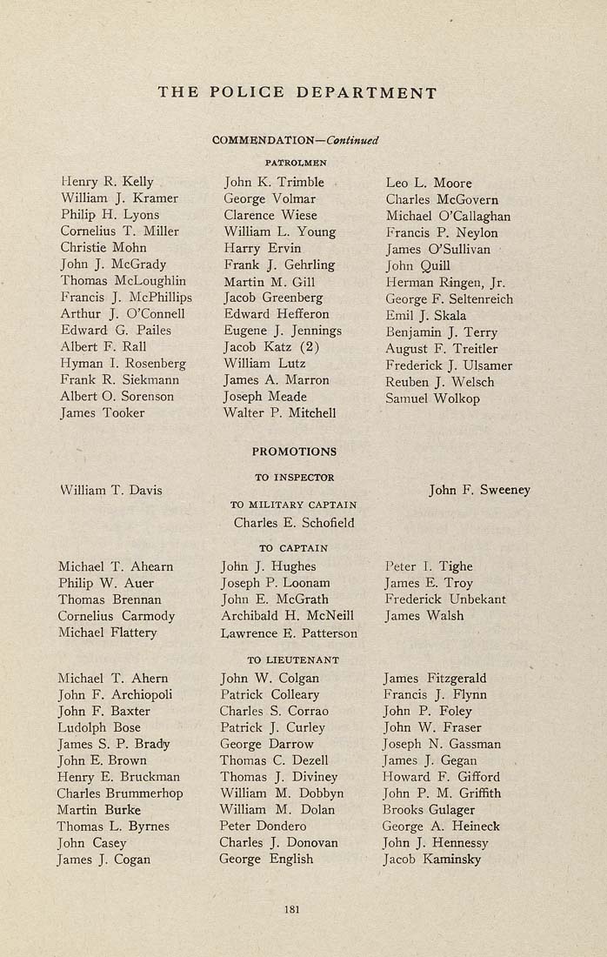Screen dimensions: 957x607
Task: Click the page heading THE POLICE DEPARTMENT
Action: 297,92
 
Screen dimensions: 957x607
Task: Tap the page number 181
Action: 292,909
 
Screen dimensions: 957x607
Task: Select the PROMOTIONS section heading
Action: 294,452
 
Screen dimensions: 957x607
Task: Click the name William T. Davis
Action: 110,490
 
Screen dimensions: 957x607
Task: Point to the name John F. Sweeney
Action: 479,490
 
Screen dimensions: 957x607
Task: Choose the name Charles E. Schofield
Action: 294,523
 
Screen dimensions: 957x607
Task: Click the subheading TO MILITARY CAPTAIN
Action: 293,505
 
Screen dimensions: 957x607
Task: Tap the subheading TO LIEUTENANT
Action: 293,660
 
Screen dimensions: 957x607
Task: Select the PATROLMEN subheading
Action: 296,161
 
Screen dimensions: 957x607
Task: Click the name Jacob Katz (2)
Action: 272,346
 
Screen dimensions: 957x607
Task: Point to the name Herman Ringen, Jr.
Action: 445,283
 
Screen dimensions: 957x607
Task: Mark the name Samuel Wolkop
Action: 432,398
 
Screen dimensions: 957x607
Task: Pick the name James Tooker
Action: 103,412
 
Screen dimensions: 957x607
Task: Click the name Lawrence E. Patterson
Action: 289,632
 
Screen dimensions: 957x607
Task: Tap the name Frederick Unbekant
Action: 444,599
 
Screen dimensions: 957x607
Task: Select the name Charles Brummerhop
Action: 120,793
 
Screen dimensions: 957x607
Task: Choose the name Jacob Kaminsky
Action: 431,860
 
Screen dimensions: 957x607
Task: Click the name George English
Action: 266,859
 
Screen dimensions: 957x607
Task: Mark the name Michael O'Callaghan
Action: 448,216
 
